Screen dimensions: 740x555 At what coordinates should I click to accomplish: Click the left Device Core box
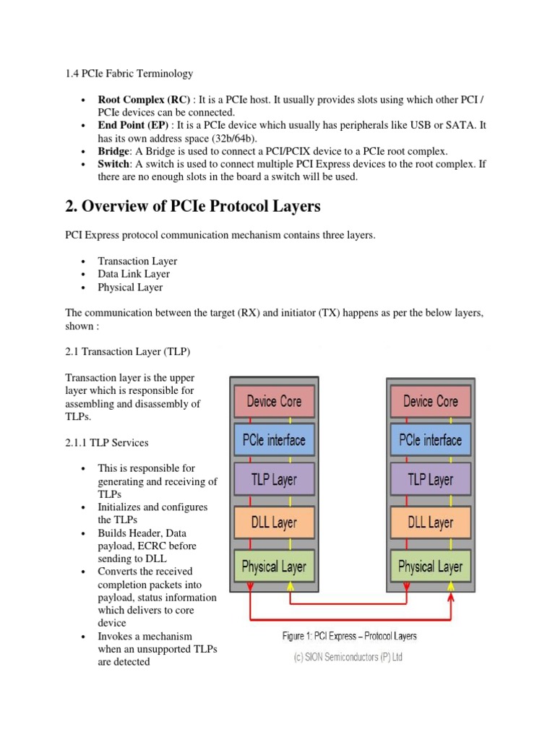coord(274,401)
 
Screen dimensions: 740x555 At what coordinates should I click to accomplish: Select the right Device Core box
coord(430,401)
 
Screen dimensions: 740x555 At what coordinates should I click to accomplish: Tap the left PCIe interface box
coord(274,440)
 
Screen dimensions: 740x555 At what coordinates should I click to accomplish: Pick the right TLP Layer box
coord(430,479)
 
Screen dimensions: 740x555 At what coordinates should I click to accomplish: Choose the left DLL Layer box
coord(274,522)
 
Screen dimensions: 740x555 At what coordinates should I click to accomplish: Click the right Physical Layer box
coord(430,567)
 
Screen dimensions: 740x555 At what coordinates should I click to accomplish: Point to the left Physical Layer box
coord(274,567)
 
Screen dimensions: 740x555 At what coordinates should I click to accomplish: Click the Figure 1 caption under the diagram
coord(349,636)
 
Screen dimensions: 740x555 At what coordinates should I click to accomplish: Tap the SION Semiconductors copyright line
coord(350,657)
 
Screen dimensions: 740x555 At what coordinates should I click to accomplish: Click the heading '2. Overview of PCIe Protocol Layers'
coord(193,207)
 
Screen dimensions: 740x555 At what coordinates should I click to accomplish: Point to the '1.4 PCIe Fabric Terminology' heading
coord(129,73)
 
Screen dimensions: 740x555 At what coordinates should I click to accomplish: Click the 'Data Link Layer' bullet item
coord(134,274)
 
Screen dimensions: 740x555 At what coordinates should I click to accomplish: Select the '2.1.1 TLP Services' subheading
coord(107,442)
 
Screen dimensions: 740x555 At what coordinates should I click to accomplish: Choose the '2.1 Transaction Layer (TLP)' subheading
coord(128,351)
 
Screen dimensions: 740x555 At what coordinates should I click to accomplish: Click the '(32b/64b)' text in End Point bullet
coord(220,138)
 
